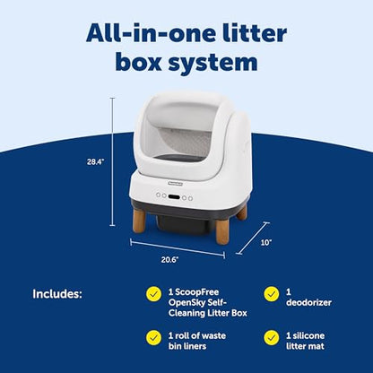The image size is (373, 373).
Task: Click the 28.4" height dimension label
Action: (x=95, y=162)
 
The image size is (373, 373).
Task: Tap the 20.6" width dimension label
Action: (x=170, y=260)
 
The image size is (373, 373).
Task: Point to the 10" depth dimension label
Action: (x=265, y=242)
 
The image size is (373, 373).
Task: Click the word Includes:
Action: (x=57, y=294)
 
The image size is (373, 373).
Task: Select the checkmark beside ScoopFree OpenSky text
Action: (x=153, y=294)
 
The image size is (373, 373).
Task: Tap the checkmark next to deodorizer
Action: (x=272, y=294)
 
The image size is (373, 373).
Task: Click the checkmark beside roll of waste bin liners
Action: (x=153, y=338)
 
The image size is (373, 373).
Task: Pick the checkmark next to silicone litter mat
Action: (x=272, y=338)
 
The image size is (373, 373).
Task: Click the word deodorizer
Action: (x=308, y=302)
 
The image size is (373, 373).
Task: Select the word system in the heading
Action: (x=213, y=62)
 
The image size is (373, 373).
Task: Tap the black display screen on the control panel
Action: (x=174, y=197)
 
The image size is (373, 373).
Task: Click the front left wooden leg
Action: (x=139, y=221)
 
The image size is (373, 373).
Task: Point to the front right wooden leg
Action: (x=222, y=231)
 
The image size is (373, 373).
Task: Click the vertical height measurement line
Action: (x=112, y=161)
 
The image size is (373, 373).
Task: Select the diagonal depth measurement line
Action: (x=253, y=239)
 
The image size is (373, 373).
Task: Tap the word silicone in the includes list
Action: (x=308, y=335)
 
